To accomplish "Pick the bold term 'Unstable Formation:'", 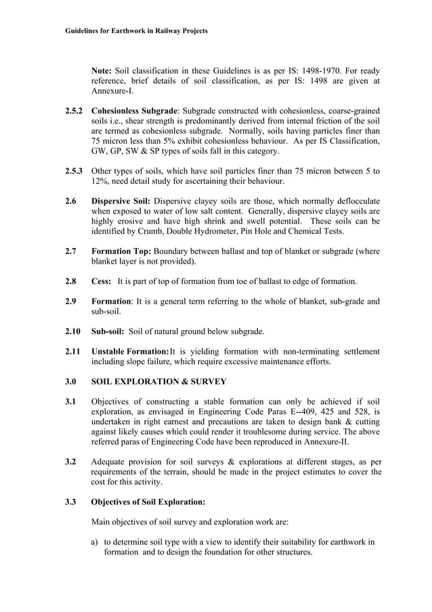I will pos(129,351).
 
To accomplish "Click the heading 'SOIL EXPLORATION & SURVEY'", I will pos(158,382).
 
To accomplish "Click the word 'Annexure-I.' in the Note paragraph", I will pos(112,91).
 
